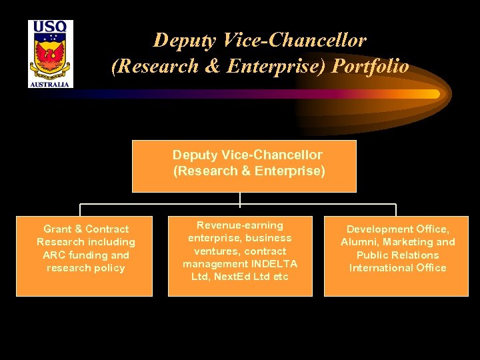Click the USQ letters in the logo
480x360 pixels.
coord(51,28)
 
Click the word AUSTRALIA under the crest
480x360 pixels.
coord(51,85)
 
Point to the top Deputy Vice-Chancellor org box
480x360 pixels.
coord(244,166)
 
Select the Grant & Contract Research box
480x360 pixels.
coord(85,256)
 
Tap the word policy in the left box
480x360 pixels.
coord(109,268)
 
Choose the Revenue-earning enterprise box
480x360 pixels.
coord(240,257)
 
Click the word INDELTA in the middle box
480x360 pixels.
coord(273,264)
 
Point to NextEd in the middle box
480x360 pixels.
coord(231,277)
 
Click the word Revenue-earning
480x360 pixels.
coord(240,225)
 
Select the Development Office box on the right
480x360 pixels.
coord(397,256)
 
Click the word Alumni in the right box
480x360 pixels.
coord(360,242)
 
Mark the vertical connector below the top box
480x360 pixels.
coord(240,198)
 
